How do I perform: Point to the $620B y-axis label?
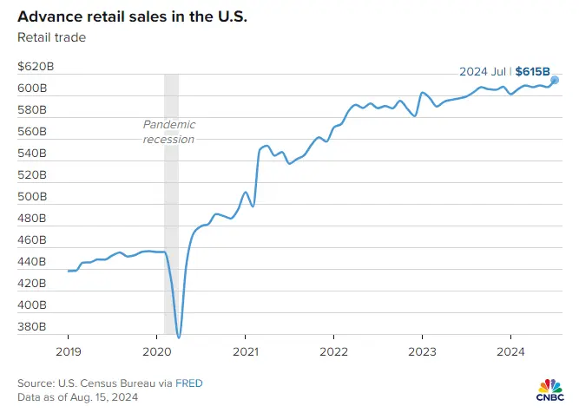pyautogui.click(x=36, y=68)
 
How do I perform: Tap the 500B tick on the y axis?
pyautogui.click(x=34, y=197)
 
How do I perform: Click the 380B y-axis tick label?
pyautogui.click(x=34, y=327)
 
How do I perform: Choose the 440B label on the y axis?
pyautogui.click(x=34, y=262)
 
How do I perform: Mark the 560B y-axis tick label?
pyautogui.click(x=34, y=132)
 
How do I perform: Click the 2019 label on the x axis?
pyautogui.click(x=68, y=351)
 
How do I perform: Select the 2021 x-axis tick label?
pyautogui.click(x=245, y=351)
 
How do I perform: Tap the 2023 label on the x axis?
pyautogui.click(x=422, y=351)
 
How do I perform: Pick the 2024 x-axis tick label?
pyautogui.click(x=510, y=351)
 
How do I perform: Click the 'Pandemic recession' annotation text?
pyautogui.click(x=168, y=132)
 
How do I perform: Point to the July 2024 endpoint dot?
pyautogui.click(x=555, y=80)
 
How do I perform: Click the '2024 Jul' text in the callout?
pyautogui.click(x=483, y=71)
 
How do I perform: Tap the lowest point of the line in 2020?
pyautogui.click(x=179, y=337)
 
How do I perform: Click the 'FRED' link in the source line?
pyautogui.click(x=191, y=383)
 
